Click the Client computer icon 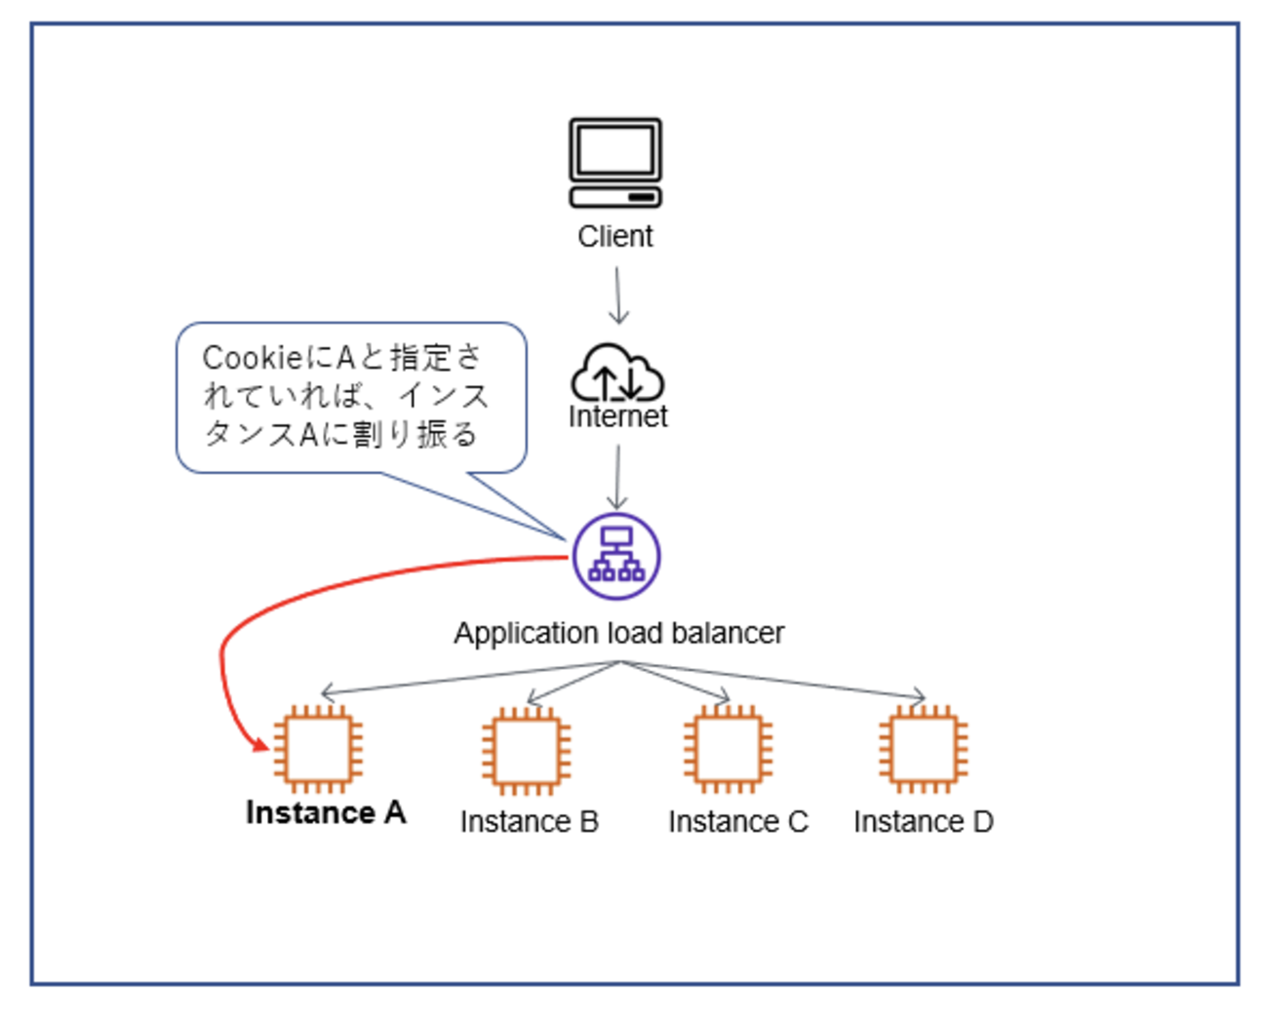(615, 163)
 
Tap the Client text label (615, 236)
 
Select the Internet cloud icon (616, 373)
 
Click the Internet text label (617, 416)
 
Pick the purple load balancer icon (616, 556)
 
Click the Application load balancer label (618, 633)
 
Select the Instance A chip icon (318, 749)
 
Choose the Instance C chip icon (728, 749)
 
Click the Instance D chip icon (923, 749)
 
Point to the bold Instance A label (326, 812)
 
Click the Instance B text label (529, 822)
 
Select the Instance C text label (737, 822)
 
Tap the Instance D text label (923, 822)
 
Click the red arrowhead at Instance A (261, 746)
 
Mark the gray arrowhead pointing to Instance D (919, 695)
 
